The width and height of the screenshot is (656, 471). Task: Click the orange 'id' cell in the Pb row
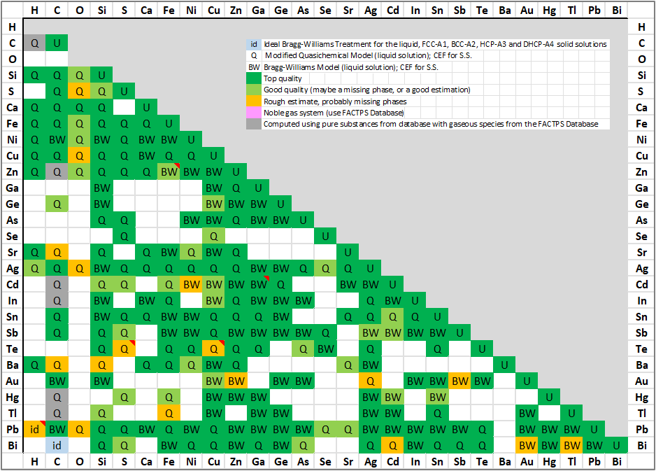pyautogui.click(x=34, y=429)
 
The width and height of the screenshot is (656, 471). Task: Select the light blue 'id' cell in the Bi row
pyautogui.click(x=57, y=445)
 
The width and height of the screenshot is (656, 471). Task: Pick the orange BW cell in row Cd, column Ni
pyautogui.click(x=191, y=285)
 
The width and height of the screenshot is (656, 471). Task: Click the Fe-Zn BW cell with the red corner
pyautogui.click(x=169, y=171)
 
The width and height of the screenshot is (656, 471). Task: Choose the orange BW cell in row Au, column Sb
pyautogui.click(x=459, y=381)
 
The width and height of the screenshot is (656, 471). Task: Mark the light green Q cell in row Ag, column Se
pyautogui.click(x=325, y=269)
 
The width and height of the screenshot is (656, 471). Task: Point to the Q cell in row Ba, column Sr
pyautogui.click(x=348, y=365)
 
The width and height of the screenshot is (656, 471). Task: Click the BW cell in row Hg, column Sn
pyautogui.click(x=437, y=397)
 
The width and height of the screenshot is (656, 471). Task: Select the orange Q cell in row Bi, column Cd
pyautogui.click(x=392, y=445)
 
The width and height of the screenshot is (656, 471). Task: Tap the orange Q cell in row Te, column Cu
pyautogui.click(x=213, y=349)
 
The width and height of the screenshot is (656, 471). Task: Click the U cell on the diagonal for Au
pyautogui.click(x=527, y=381)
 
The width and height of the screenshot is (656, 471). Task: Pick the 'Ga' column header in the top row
pyautogui.click(x=258, y=10)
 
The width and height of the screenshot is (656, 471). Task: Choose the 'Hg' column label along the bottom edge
pyautogui.click(x=549, y=462)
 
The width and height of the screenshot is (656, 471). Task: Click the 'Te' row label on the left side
pyautogui.click(x=12, y=349)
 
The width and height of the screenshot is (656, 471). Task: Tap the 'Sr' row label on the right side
pyautogui.click(x=642, y=253)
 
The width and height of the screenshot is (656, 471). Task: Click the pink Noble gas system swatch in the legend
pyautogui.click(x=254, y=112)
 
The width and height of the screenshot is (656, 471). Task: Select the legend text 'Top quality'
pyautogui.click(x=283, y=78)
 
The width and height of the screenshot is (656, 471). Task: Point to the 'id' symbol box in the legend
pyautogui.click(x=254, y=44)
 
